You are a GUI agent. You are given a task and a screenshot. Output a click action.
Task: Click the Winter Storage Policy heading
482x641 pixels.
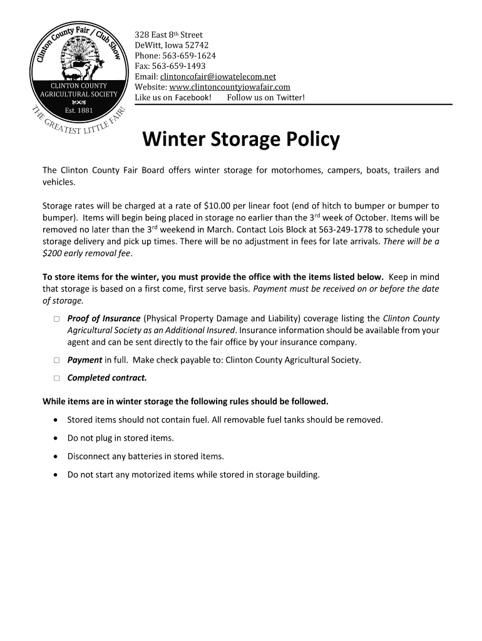pyautogui.click(x=241, y=140)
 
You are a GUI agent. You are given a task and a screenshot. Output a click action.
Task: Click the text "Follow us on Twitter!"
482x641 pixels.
pyautogui.click(x=265, y=98)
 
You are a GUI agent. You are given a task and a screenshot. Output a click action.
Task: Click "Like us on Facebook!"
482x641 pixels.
pyautogui.click(x=173, y=98)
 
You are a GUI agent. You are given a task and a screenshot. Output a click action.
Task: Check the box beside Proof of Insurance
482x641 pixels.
pyautogui.click(x=56, y=319)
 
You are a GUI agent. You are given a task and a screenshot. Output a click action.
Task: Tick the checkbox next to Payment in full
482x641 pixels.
pyautogui.click(x=56, y=361)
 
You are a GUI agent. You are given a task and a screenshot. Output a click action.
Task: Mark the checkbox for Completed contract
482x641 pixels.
pyautogui.click(x=56, y=378)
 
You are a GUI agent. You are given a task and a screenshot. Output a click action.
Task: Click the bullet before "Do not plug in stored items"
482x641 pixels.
pyautogui.click(x=58, y=438)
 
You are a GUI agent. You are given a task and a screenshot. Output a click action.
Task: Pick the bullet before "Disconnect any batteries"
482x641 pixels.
pyautogui.click(x=58, y=456)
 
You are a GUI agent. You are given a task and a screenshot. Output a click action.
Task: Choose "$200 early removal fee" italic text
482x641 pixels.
pyautogui.click(x=87, y=254)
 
